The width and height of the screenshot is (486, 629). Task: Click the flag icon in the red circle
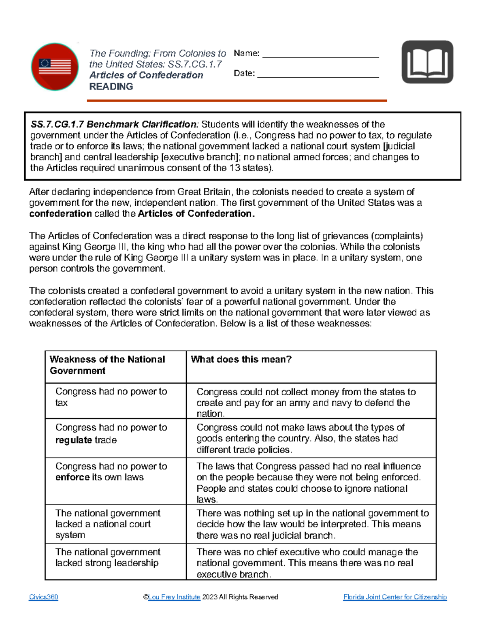pyautogui.click(x=55, y=66)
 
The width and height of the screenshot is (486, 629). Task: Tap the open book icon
pyautogui.click(x=427, y=62)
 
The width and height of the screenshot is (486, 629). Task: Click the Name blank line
pyautogui.click(x=320, y=54)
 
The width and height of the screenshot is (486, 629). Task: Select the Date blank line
pyautogui.click(x=318, y=74)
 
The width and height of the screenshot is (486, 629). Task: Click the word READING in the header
pyautogui.click(x=111, y=87)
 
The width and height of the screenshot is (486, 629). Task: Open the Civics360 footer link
pyautogui.click(x=43, y=597)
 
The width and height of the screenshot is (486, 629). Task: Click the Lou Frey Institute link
pyautogui.click(x=174, y=597)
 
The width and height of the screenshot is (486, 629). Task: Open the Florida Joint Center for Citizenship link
pyautogui.click(x=395, y=597)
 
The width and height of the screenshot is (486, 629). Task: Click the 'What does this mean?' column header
pyautogui.click(x=241, y=360)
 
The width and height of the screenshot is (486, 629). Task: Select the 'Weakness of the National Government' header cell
pyautogui.click(x=107, y=365)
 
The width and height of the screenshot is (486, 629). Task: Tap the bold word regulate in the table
pyautogui.click(x=74, y=440)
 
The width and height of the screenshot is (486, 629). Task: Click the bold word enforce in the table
pyautogui.click(x=72, y=478)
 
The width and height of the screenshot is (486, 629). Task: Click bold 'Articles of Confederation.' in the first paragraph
pyautogui.click(x=196, y=214)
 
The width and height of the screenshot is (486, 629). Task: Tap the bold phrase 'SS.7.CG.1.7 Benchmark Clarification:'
pyautogui.click(x=115, y=124)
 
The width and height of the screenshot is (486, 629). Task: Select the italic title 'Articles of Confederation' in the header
pyautogui.click(x=146, y=75)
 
